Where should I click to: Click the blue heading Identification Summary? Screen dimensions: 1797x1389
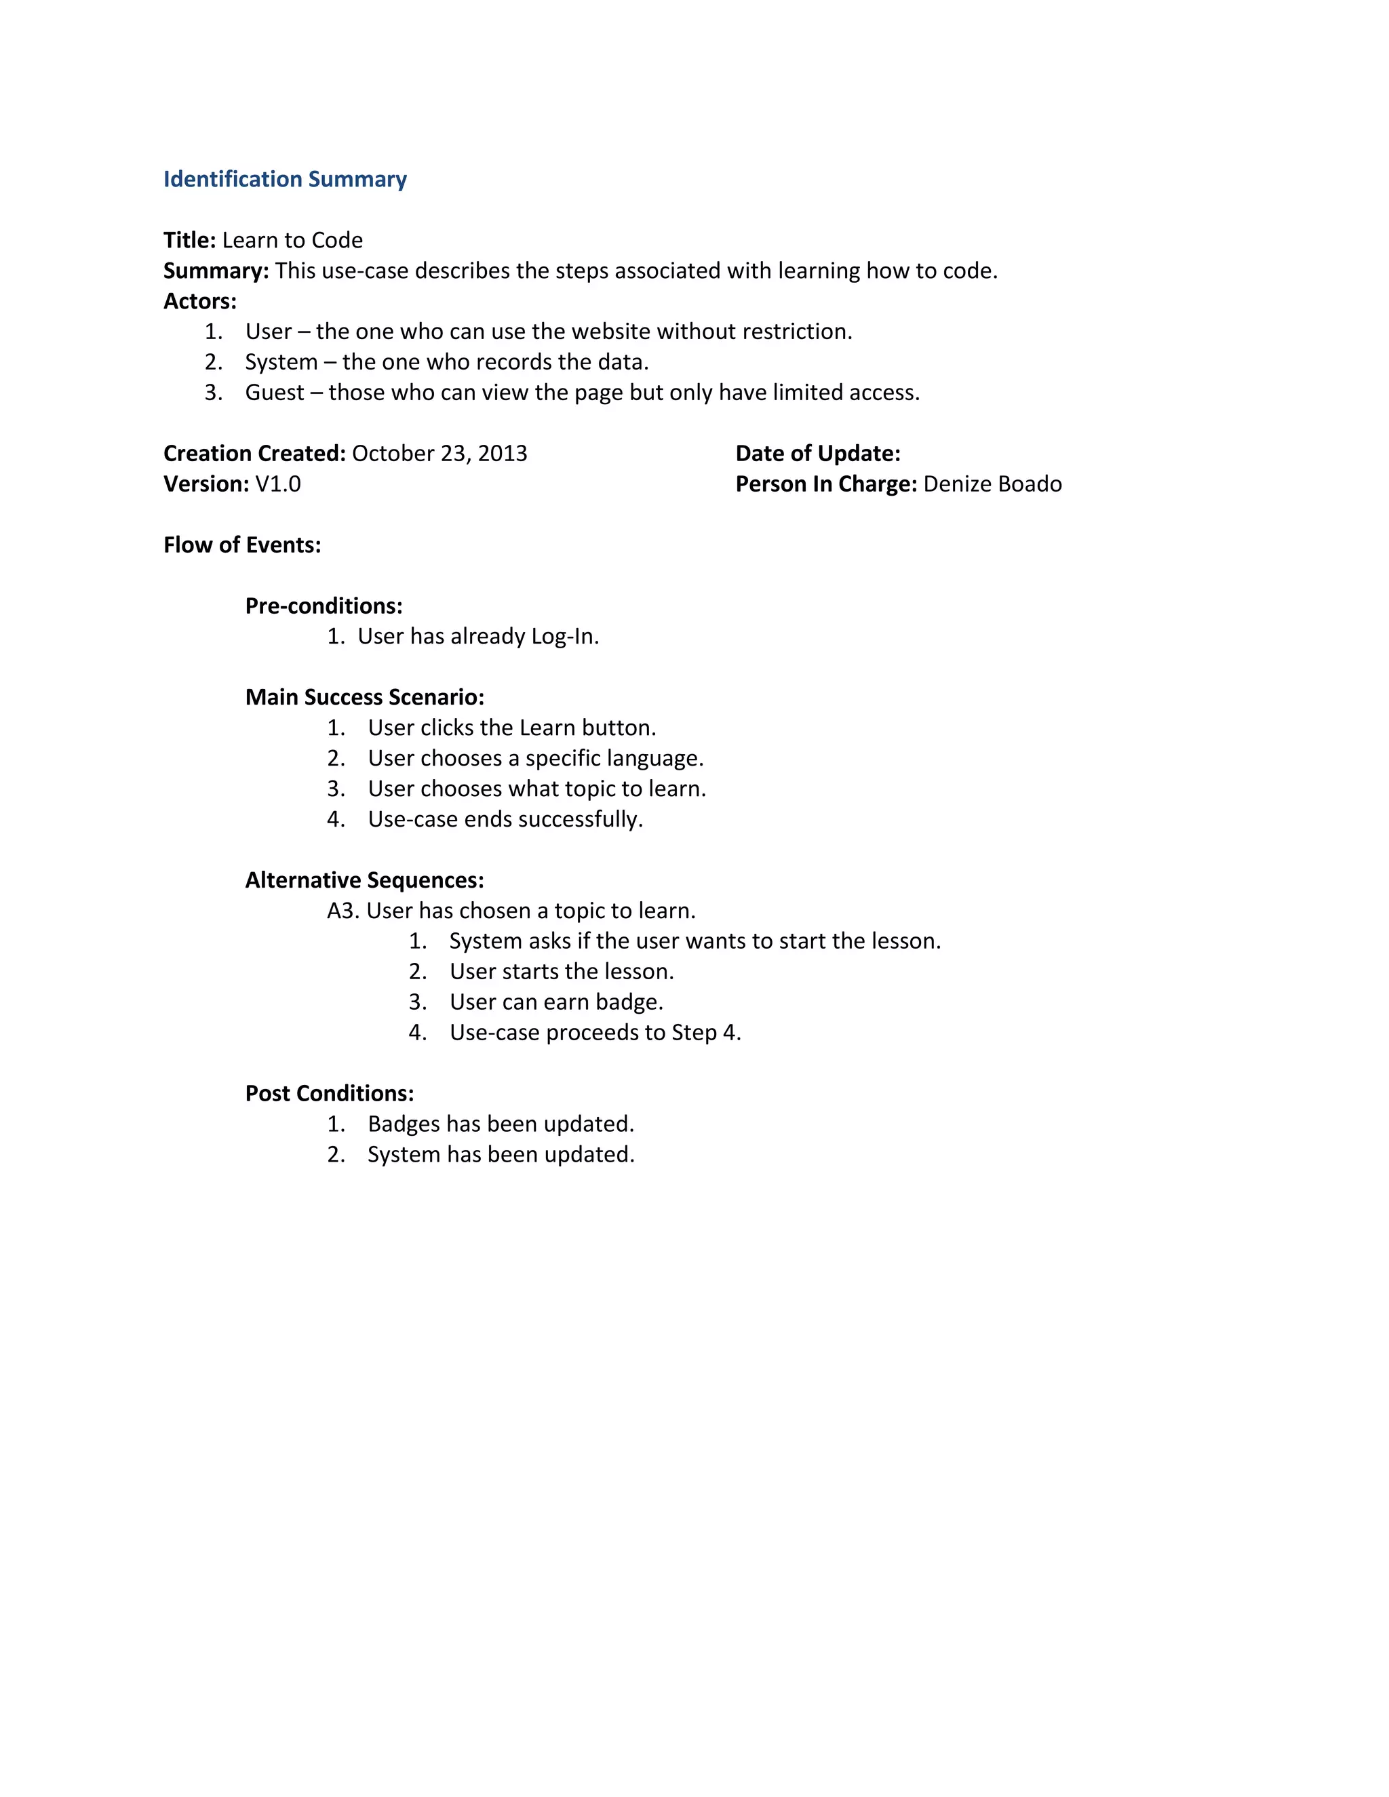coord(285,180)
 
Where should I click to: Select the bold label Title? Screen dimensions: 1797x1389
coord(189,240)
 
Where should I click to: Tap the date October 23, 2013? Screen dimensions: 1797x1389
coord(439,454)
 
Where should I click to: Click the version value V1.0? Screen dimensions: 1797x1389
coord(278,483)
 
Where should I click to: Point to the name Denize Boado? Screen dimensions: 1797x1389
coord(992,483)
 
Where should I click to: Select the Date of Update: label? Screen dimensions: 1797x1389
coord(818,454)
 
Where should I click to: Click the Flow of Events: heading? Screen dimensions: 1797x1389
coord(242,545)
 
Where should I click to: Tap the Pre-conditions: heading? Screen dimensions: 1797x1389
coord(324,606)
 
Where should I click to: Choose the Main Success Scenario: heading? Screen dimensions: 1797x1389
coord(364,697)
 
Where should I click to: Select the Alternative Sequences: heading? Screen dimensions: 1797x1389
coord(364,880)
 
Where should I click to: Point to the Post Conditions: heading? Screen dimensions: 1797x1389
coord(329,1094)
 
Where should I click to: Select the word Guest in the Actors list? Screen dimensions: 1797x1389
coord(275,393)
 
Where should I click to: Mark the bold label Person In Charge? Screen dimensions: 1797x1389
coord(825,483)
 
